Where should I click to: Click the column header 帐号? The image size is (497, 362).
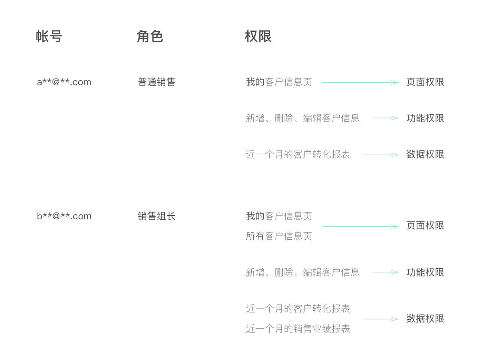click(49, 37)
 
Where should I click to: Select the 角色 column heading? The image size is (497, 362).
click(150, 37)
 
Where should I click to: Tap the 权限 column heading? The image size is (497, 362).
click(258, 37)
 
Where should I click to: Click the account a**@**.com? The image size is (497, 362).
click(64, 82)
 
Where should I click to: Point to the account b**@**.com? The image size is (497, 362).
click(64, 216)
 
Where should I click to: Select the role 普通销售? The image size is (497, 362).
click(156, 82)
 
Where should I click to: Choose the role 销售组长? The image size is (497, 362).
click(156, 216)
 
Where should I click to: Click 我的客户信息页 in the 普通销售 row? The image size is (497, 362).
click(279, 82)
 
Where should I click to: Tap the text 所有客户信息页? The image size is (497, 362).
click(279, 236)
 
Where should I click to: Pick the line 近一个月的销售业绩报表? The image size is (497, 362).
click(298, 329)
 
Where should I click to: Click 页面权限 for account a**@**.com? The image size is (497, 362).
click(425, 82)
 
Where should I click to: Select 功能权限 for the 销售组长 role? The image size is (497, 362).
click(425, 272)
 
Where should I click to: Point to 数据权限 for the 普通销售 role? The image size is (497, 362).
click(425, 154)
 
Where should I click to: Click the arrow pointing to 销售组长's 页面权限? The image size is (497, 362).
click(360, 226)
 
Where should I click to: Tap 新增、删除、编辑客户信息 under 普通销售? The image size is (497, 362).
click(303, 118)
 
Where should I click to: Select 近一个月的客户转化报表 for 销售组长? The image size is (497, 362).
click(298, 308)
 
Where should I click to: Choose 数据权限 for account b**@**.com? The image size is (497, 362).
click(425, 319)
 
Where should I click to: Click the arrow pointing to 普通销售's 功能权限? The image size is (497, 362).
click(385, 118)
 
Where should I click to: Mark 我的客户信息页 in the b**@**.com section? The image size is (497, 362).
click(279, 216)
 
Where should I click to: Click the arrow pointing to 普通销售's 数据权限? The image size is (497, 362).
click(380, 155)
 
